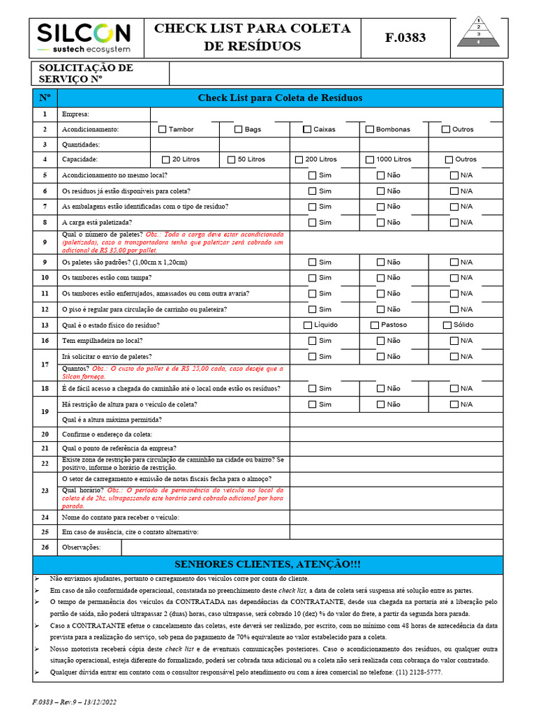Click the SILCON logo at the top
[83, 37]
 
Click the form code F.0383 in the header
[405, 38]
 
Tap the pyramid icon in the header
[479, 32]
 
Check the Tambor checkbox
[163, 129]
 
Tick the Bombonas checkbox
[370, 129]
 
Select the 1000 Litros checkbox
[370, 160]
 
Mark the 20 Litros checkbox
[166, 160]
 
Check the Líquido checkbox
[308, 325]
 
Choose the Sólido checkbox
[447, 325]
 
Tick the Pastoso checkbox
[375, 325]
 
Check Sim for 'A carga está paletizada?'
[313, 223]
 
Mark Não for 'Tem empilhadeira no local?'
[381, 341]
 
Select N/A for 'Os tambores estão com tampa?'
[454, 278]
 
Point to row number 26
[45, 547]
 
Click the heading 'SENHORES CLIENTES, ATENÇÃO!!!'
[267, 564]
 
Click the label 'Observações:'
[81, 547]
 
